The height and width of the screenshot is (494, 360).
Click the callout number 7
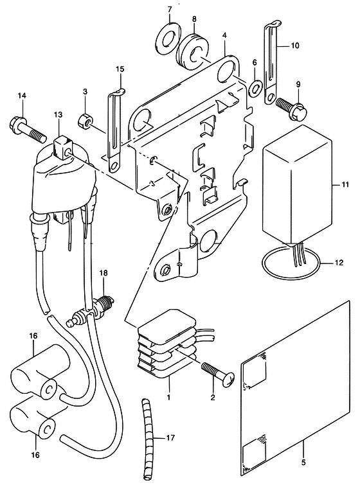tap(170, 10)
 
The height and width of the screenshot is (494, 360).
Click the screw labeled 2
tap(217, 371)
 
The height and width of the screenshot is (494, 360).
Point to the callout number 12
tap(339, 263)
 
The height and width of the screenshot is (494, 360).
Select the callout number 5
tap(303, 463)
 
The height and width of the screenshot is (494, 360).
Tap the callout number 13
tap(58, 115)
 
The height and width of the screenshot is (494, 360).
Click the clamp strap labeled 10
tap(271, 63)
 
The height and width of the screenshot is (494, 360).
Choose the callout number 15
tap(120, 69)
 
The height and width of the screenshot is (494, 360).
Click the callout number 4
tap(224, 35)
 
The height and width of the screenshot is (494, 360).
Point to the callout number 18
tap(103, 274)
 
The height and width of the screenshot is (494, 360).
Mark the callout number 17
tap(170, 438)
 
